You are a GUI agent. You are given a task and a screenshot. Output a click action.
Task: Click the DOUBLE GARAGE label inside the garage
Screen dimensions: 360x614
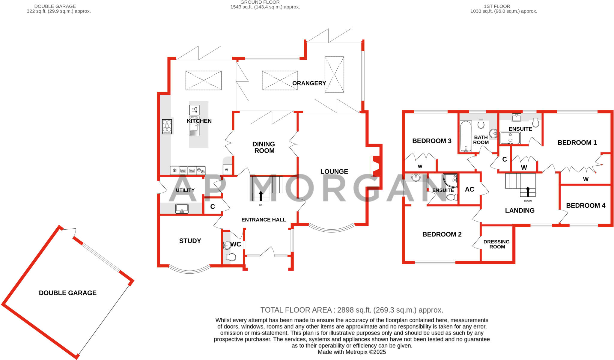click(x=68, y=293)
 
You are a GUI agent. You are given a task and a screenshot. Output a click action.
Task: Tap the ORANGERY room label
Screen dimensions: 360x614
click(x=309, y=83)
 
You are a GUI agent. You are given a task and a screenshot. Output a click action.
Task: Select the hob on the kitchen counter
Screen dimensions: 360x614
click(x=167, y=126)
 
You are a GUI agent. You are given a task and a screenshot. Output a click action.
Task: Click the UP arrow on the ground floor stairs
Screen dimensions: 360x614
click(x=261, y=195)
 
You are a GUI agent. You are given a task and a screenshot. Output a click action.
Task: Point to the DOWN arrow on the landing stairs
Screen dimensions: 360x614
click(x=528, y=192)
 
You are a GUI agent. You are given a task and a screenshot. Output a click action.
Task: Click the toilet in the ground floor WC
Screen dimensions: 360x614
click(x=231, y=257)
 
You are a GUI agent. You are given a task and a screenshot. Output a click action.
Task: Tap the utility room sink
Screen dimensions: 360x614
click(x=182, y=208)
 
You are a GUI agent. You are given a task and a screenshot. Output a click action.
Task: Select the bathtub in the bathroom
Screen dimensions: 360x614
click(x=466, y=136)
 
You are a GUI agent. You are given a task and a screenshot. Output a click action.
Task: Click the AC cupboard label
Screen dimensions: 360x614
click(x=469, y=189)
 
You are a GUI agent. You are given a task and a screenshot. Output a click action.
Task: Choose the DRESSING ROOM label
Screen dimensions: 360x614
click(x=497, y=244)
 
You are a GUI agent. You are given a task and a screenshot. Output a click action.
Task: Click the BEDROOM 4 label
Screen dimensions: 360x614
click(x=586, y=205)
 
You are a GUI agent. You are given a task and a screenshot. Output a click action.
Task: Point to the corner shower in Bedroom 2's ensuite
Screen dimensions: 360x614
click(x=451, y=180)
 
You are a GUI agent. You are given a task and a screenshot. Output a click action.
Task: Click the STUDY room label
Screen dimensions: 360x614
click(x=190, y=241)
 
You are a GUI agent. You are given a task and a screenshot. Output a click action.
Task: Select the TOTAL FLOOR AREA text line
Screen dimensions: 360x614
click(x=352, y=310)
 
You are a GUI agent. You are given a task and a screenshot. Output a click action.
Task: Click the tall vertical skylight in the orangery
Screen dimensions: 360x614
click(x=334, y=74)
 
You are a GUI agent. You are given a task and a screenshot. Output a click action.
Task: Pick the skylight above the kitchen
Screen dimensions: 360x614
click(x=204, y=80)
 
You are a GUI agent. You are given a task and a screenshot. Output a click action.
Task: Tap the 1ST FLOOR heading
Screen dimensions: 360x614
click(x=497, y=6)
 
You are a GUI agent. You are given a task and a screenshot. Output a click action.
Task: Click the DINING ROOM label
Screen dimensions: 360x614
click(x=264, y=147)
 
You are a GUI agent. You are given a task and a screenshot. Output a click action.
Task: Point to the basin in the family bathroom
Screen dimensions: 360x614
click(x=493, y=133)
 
